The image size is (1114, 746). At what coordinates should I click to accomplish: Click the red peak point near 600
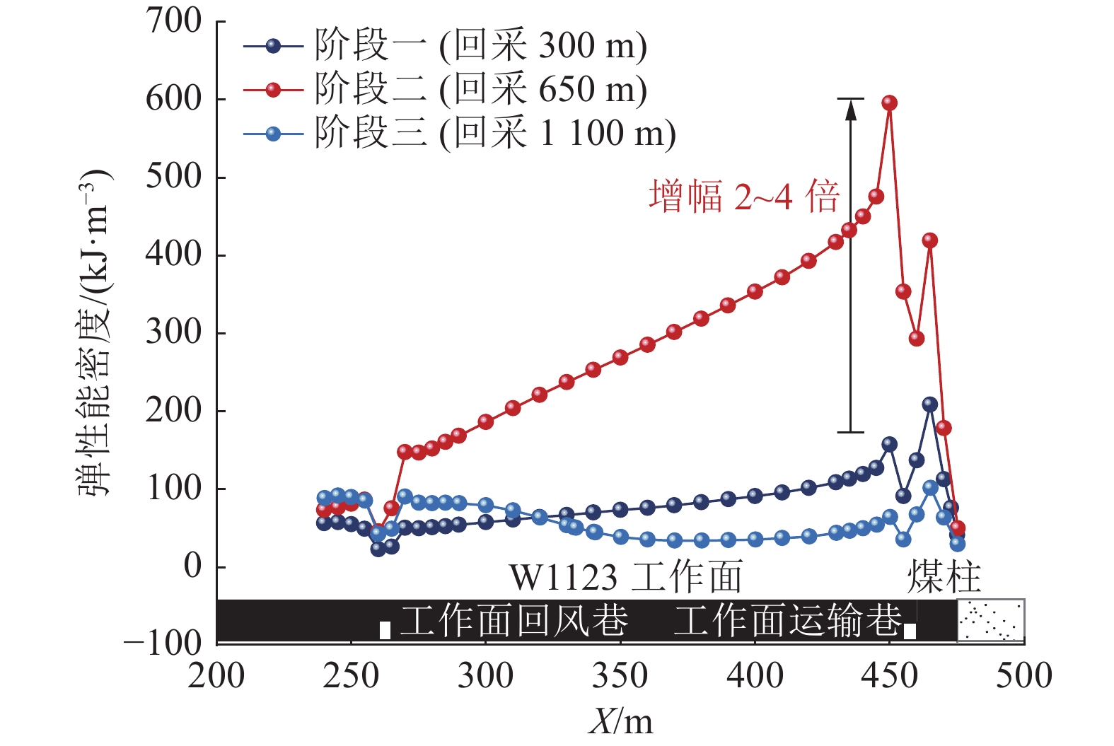click(x=890, y=103)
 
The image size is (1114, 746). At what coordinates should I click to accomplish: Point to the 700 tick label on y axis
click(x=173, y=21)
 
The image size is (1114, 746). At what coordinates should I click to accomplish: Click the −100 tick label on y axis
click(x=163, y=643)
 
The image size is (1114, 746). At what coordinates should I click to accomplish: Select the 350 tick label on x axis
click(x=620, y=676)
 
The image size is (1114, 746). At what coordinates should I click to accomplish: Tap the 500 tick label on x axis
click(x=1023, y=676)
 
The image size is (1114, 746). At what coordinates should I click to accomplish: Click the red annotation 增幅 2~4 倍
click(x=744, y=196)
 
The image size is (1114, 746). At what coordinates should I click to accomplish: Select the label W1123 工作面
click(x=626, y=577)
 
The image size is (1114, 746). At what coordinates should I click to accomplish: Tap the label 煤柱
click(x=944, y=577)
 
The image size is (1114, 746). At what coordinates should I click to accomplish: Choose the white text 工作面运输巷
click(x=787, y=621)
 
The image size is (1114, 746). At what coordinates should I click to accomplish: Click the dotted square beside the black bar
click(x=990, y=621)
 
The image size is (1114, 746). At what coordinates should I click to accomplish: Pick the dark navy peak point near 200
click(x=930, y=404)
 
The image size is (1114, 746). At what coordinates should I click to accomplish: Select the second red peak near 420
click(x=930, y=240)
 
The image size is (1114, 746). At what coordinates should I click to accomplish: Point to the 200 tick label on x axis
click(x=216, y=676)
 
